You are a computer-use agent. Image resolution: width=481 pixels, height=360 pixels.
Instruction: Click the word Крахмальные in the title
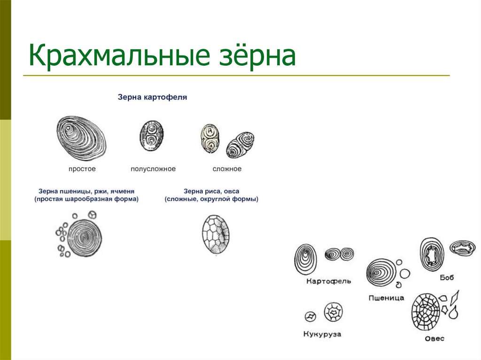click(118, 56)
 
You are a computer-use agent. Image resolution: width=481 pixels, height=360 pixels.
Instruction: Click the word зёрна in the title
click(256, 56)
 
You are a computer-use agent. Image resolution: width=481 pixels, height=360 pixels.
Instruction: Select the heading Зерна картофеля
click(152, 98)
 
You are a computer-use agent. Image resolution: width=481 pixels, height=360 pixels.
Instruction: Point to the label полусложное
click(153, 169)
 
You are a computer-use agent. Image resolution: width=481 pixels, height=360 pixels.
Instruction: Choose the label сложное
click(227, 169)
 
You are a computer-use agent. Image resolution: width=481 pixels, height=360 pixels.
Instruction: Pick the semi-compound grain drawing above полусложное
click(151, 136)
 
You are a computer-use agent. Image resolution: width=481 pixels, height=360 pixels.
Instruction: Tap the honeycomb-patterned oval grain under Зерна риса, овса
click(216, 235)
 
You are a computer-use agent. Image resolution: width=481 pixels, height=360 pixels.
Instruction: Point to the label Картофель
click(328, 282)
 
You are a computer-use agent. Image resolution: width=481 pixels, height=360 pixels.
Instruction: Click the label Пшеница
click(386, 298)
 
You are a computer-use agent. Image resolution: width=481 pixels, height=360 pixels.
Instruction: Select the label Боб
click(447, 277)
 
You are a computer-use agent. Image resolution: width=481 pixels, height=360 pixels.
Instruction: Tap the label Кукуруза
click(322, 335)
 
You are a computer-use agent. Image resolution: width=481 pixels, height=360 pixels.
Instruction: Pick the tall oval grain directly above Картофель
click(305, 259)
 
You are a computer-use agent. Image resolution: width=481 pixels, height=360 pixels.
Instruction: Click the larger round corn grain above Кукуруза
click(334, 312)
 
